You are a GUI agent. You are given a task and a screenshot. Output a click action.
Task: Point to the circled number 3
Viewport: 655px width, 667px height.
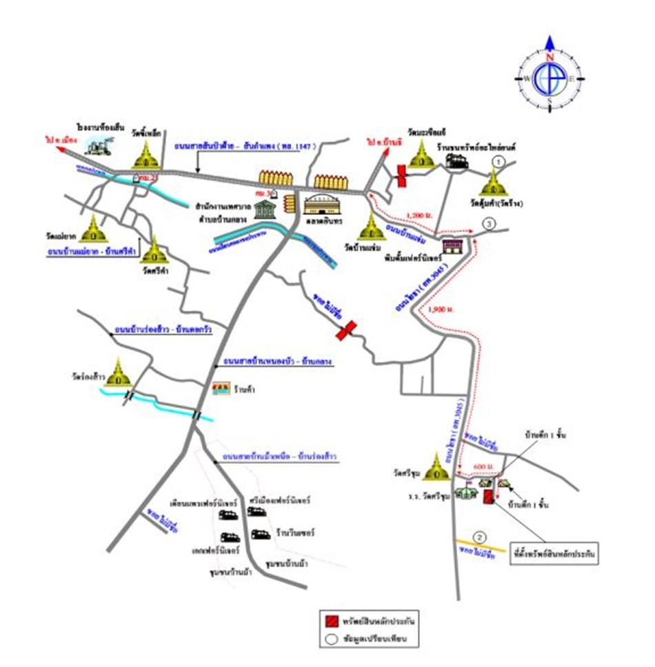tap(487, 223)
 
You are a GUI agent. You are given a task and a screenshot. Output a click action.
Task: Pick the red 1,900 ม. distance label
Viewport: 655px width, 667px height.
tap(439, 309)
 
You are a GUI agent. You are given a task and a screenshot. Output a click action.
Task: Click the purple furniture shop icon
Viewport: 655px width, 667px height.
tap(452, 246)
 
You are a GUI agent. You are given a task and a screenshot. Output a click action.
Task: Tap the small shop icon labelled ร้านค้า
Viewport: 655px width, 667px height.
tap(221, 390)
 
